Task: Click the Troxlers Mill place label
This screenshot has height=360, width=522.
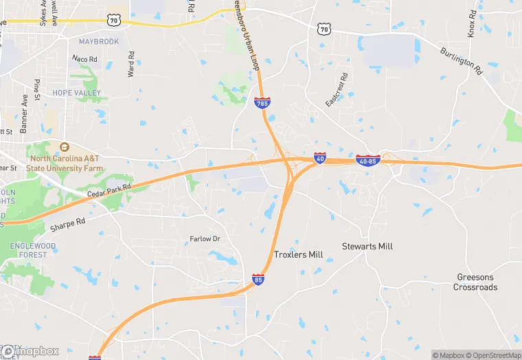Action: [298, 255]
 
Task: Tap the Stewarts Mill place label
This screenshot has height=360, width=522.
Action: [367, 246]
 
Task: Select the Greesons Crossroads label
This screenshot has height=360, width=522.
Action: [475, 282]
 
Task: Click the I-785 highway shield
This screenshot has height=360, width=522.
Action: [262, 103]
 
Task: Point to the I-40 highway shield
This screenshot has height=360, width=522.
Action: [320, 158]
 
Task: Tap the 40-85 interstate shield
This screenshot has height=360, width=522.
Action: [368, 160]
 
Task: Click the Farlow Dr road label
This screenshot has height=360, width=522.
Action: [205, 239]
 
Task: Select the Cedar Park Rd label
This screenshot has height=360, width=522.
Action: [109, 191]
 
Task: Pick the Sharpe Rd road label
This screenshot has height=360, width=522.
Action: [67, 224]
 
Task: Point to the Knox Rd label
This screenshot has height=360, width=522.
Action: [472, 23]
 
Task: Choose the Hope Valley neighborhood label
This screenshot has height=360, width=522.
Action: [77, 93]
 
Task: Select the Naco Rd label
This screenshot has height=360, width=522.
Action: [85, 60]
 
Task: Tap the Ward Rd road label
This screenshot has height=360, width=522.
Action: [130, 64]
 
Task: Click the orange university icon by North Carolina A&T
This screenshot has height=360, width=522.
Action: [65, 147]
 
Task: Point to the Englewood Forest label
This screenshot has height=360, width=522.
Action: [33, 250]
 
